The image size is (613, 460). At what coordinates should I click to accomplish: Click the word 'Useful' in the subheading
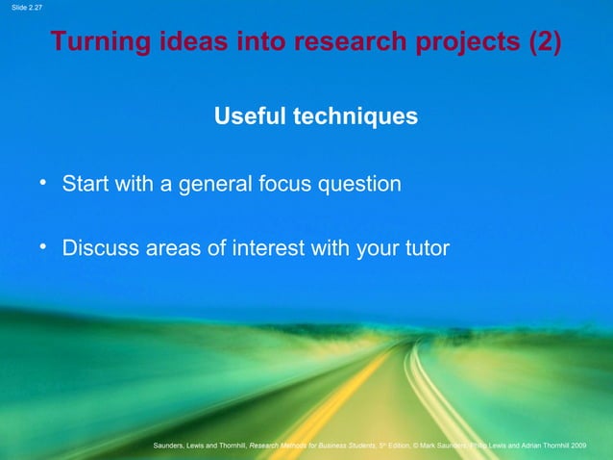coord(253,116)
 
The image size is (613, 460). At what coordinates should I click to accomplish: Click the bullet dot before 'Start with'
coord(43,181)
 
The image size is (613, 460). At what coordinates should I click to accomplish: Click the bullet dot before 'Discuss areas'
coord(43,246)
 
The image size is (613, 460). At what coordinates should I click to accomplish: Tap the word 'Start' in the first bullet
coord(85,183)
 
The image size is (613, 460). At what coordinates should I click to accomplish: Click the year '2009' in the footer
coord(592,445)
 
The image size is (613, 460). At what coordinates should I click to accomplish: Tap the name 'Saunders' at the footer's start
coord(173,445)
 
